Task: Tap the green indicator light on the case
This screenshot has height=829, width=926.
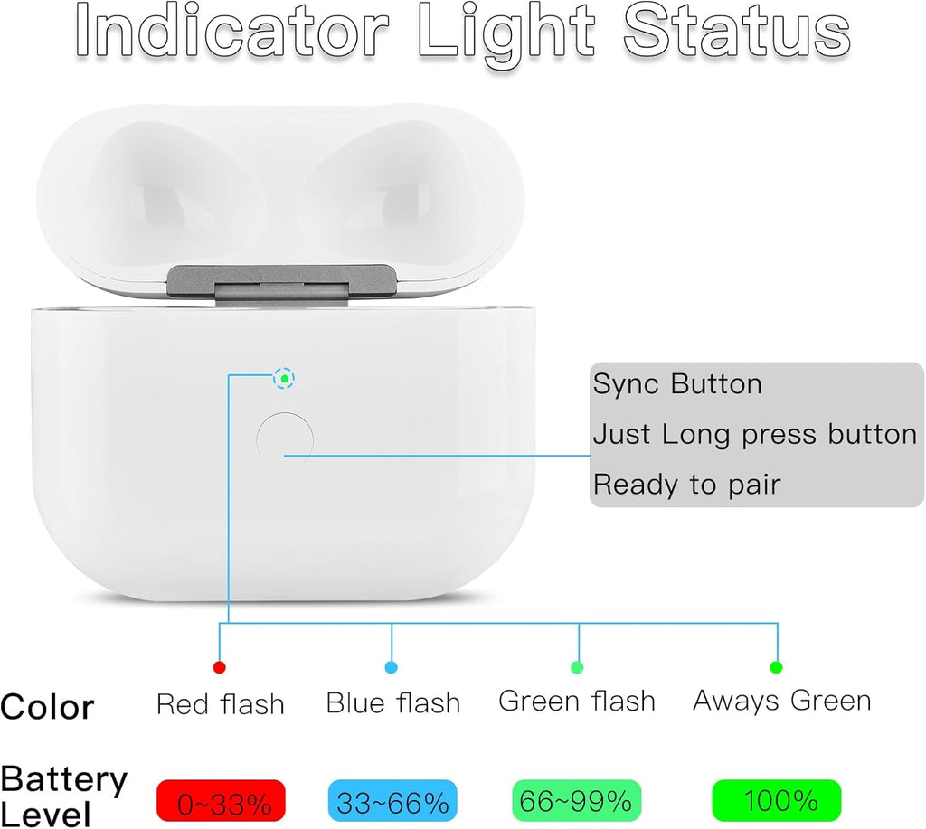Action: pos(284,379)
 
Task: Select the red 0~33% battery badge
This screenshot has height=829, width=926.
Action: pos(221,801)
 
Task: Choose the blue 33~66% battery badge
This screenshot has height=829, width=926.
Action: pos(392,801)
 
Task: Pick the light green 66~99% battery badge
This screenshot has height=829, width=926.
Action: pos(576,801)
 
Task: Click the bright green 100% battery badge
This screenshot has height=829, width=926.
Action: pos(777,800)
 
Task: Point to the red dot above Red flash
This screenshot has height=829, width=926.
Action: pos(219,668)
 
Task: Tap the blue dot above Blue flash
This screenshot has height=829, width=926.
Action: pos(392,668)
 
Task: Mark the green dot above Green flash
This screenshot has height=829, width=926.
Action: pos(578,668)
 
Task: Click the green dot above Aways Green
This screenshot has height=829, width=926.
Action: pos(776,668)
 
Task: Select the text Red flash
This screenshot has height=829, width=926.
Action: pos(220,703)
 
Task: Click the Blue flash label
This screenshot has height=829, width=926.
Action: pos(392,702)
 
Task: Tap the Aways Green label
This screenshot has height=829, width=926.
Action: pos(781,701)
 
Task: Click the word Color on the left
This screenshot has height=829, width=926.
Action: pos(47,707)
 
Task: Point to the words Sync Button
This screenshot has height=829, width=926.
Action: pos(677,384)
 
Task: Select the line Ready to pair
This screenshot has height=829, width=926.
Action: pos(685,485)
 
